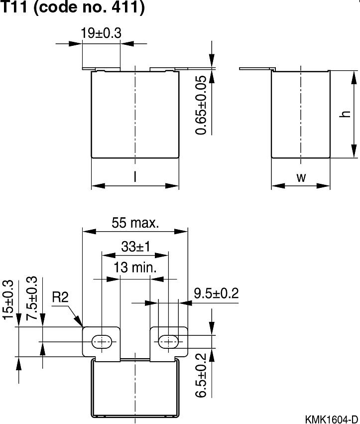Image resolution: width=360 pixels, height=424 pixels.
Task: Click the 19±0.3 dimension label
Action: (x=101, y=33)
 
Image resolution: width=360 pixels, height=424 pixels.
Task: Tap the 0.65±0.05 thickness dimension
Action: (x=201, y=105)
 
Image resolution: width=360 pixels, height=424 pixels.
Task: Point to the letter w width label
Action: (x=301, y=178)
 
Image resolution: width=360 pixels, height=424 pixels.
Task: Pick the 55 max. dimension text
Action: (x=135, y=223)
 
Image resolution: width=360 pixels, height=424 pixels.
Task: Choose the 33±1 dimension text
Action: (x=135, y=246)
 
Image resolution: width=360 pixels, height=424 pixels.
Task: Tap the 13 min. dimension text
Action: (x=135, y=268)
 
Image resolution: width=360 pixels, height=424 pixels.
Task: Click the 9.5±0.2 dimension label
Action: (x=216, y=293)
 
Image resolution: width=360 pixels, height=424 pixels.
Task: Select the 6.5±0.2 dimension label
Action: (x=201, y=375)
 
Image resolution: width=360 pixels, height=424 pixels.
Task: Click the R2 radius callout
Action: (x=60, y=298)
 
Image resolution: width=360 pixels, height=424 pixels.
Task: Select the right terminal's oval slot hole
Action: (x=169, y=341)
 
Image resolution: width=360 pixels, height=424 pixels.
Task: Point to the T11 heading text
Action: (x=15, y=8)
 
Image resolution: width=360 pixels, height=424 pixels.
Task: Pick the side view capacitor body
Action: (x=301, y=114)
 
